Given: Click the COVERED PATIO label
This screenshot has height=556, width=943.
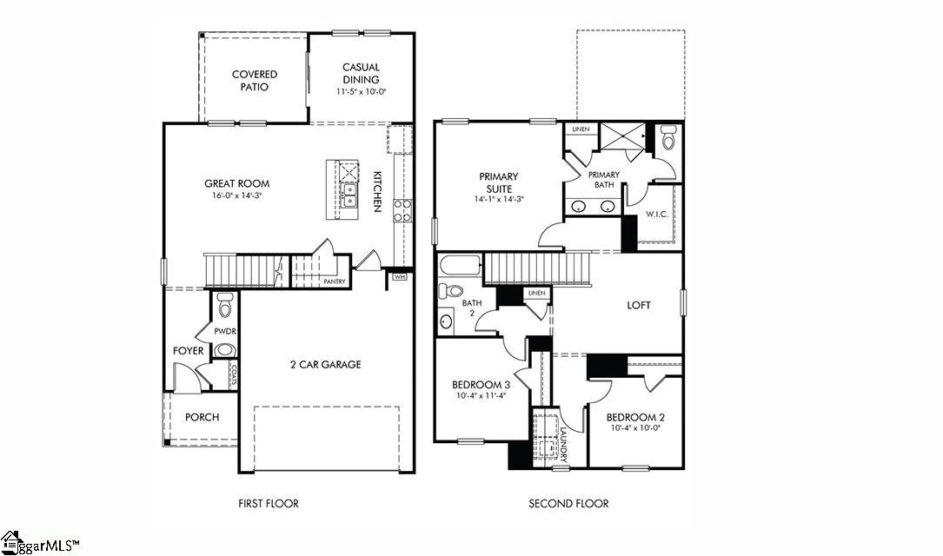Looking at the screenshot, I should click(x=254, y=81).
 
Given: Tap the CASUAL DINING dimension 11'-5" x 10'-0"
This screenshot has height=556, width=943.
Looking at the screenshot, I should click(x=361, y=91).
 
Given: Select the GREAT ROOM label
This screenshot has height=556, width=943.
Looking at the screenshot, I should click(x=236, y=183).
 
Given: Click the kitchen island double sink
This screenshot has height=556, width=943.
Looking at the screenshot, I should click(x=349, y=196).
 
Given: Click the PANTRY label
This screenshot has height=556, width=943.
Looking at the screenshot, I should click(x=334, y=281).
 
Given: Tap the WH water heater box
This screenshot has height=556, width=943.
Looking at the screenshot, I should click(x=400, y=277).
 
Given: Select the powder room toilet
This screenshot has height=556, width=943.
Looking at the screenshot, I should click(x=225, y=306).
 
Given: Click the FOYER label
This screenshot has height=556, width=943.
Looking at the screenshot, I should click(x=189, y=351).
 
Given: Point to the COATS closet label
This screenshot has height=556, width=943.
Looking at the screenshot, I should click(x=233, y=374).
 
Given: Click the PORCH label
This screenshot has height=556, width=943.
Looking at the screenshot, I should click(x=202, y=417).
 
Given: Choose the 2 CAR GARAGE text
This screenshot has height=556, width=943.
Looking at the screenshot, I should click(x=325, y=364).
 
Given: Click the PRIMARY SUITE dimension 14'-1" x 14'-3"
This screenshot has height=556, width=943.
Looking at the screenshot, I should click(x=498, y=199).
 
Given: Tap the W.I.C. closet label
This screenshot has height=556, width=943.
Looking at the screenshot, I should click(x=656, y=214).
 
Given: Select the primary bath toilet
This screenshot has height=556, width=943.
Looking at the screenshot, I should click(x=667, y=138).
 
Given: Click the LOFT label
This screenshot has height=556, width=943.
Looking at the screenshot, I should click(x=639, y=305).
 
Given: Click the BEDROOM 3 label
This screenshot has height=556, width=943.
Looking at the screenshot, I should click(x=481, y=384).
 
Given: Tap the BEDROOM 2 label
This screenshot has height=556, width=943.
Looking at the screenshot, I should click(x=635, y=416).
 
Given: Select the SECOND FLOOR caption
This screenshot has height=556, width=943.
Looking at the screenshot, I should click(x=568, y=503).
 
